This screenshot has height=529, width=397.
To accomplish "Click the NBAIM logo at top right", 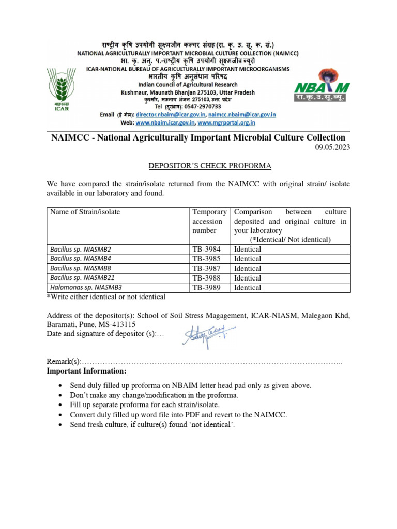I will tap(321, 85).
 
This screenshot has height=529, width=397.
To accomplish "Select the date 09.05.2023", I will tap(332, 148).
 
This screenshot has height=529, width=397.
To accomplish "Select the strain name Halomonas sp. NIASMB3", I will tap(86, 288).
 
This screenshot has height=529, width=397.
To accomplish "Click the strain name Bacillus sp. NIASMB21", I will tap(82, 278).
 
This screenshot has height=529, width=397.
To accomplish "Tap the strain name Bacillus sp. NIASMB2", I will tap(80, 249).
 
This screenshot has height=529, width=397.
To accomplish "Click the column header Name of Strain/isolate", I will tap(85, 212).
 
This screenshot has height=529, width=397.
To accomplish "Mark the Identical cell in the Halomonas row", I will tap(248, 288).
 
